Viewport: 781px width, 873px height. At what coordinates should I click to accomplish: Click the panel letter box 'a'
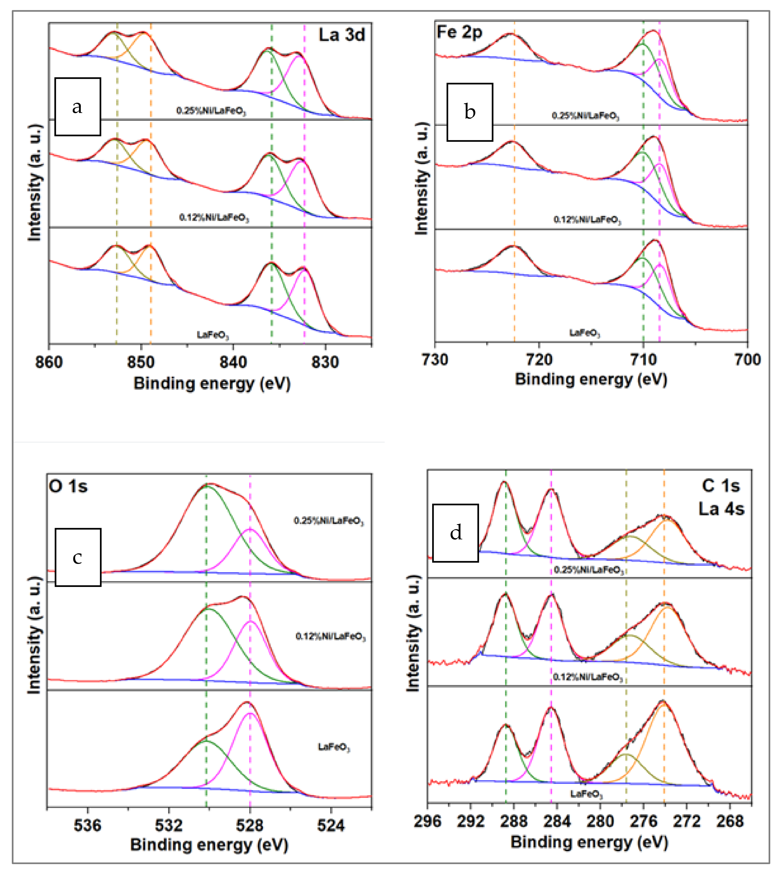click(x=78, y=107)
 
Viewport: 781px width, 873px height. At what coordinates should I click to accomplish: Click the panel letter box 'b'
click(x=470, y=112)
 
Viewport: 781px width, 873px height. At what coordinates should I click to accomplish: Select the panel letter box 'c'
click(x=78, y=557)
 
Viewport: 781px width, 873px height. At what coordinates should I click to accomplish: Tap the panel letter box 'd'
click(x=455, y=533)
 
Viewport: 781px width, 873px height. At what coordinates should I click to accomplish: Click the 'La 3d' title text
click(x=341, y=35)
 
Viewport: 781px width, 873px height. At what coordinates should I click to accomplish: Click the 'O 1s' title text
click(x=68, y=486)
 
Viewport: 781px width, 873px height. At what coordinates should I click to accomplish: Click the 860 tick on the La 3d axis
click(x=49, y=362)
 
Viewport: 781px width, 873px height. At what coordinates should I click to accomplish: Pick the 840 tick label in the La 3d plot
click(x=233, y=362)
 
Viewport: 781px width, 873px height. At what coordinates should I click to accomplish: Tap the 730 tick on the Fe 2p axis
click(x=435, y=359)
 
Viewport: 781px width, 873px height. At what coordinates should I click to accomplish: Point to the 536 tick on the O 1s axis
click(x=87, y=825)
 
